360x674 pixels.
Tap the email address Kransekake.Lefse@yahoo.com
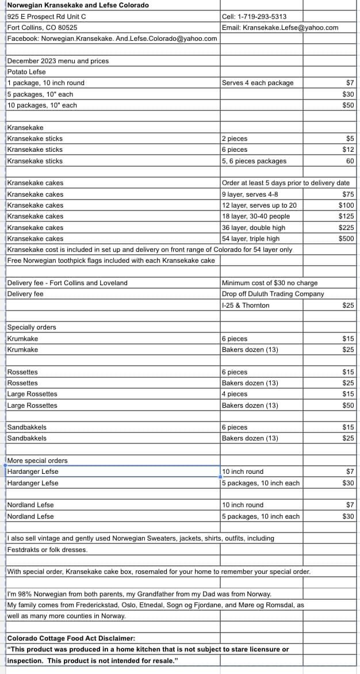pyautogui.click(x=290, y=28)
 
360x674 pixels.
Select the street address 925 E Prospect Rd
pyautogui.click(x=46, y=17)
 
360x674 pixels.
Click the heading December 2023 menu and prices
pyautogui.click(x=58, y=61)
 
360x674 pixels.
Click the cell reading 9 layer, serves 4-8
pyautogui.click(x=250, y=194)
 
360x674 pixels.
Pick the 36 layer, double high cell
pyautogui.click(x=253, y=228)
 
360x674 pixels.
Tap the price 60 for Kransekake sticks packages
pyautogui.click(x=350, y=161)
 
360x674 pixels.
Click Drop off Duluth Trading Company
pyautogui.click(x=273, y=294)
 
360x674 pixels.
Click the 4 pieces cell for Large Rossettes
pyautogui.click(x=235, y=394)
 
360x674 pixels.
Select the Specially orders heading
pyautogui.click(x=32, y=327)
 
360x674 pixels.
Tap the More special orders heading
pyautogui.click(x=37, y=461)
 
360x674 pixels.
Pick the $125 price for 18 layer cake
pyautogui.click(x=346, y=216)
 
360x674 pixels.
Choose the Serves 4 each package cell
pyautogui.click(x=258, y=83)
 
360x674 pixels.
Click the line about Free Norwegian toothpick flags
pyautogui.click(x=111, y=261)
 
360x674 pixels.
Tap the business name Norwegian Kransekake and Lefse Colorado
pyautogui.click(x=78, y=5)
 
